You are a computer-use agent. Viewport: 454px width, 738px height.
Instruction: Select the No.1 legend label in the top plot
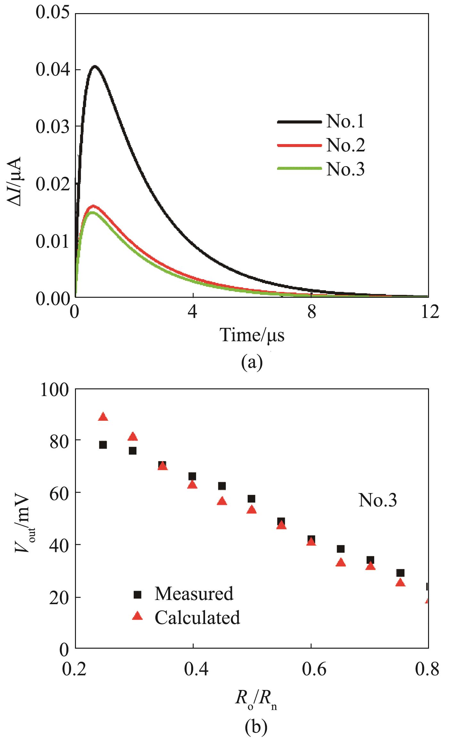coord(345,122)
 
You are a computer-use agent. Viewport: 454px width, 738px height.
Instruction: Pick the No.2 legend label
coord(345,145)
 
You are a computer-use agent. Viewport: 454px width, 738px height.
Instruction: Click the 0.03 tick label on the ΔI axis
coord(53,127)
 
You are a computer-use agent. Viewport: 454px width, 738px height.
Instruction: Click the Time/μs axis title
coord(252,335)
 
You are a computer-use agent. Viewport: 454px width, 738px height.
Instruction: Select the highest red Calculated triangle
coord(103,417)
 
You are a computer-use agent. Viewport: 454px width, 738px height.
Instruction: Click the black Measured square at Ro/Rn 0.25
coord(103,445)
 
